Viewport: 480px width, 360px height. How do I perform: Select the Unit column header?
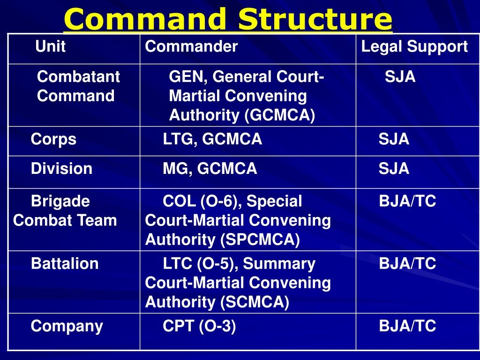point(50,46)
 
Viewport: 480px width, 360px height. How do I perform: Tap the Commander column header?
point(191,46)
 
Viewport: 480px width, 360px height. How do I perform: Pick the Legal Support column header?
point(414,46)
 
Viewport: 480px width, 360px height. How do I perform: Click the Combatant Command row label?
point(78,86)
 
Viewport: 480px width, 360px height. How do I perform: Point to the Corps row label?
point(53,139)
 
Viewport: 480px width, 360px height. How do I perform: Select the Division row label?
point(61,169)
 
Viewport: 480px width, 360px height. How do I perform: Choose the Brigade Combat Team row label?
point(65,211)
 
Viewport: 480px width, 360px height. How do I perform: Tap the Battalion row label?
point(65,264)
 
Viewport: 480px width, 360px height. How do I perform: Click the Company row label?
point(67,326)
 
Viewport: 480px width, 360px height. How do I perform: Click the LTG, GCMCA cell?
point(212,139)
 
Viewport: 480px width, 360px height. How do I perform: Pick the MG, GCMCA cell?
point(210,169)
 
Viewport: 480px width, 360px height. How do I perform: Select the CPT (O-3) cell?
point(199,326)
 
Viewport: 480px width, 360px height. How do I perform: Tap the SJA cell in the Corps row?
point(394,139)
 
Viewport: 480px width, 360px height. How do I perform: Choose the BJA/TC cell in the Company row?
point(407,326)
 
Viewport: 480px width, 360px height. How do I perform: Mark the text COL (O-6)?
point(202,202)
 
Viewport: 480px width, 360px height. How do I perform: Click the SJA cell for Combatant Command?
point(400,76)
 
